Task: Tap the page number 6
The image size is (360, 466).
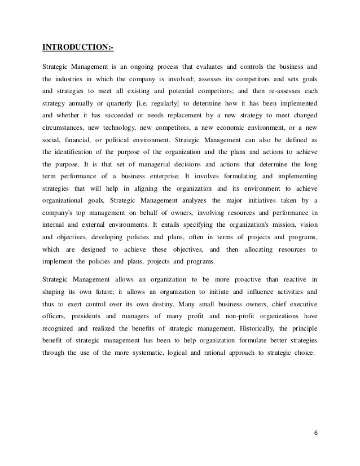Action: [316, 433]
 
